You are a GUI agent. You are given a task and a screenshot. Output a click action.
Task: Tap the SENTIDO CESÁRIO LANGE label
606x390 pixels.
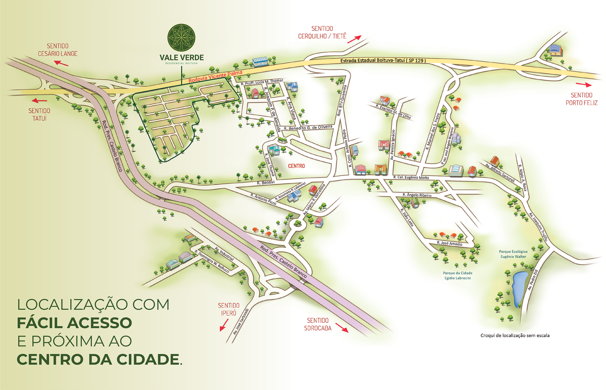(x=58, y=50)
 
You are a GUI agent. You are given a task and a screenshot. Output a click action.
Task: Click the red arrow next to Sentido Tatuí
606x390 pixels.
(x=39, y=101)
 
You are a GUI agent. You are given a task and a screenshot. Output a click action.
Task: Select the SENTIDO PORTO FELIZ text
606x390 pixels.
(x=581, y=99)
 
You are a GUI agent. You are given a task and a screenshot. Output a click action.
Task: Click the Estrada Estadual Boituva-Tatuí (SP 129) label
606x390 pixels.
(x=383, y=60)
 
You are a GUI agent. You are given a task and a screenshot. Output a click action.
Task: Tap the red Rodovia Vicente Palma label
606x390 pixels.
(x=215, y=77)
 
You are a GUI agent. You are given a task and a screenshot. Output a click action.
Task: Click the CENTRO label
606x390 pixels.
(x=296, y=166)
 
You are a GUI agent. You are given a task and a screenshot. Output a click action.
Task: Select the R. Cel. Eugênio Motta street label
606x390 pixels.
(x=411, y=178)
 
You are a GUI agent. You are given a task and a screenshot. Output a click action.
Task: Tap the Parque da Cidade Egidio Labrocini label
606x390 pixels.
(x=458, y=276)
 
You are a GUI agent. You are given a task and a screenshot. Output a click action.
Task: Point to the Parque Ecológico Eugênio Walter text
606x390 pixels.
(x=513, y=254)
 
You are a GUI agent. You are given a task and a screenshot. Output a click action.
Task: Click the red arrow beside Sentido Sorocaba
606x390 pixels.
(x=342, y=328)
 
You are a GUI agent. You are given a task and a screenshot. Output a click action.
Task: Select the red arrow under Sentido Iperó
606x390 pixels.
(x=224, y=325)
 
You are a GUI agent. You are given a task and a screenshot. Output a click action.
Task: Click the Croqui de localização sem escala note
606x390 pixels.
(x=515, y=335)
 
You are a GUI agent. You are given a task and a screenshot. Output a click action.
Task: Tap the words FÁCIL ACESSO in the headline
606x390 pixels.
(x=74, y=323)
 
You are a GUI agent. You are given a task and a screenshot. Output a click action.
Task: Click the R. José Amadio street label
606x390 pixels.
(x=449, y=243)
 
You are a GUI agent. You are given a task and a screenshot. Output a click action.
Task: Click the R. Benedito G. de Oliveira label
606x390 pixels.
(x=308, y=127)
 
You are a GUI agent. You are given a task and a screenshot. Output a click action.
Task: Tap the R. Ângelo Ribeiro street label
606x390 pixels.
(x=417, y=195)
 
